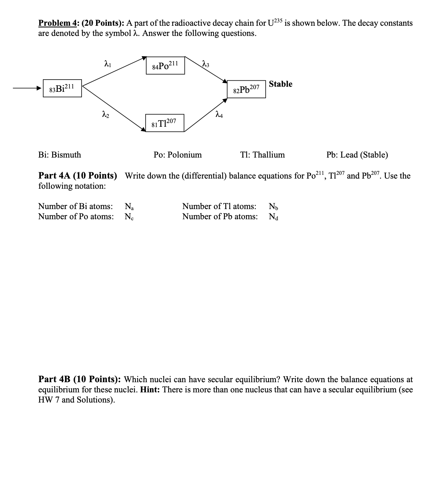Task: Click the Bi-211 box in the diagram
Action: click(62, 88)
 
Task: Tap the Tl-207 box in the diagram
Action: click(164, 123)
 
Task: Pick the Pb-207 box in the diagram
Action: click(246, 89)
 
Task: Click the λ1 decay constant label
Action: click(107, 63)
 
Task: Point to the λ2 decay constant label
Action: click(106, 115)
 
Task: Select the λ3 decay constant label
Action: click(205, 63)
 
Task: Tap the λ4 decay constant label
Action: click(219, 115)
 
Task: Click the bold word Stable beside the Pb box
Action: click(281, 84)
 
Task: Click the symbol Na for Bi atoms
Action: click(129, 206)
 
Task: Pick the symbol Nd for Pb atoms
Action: click(273, 217)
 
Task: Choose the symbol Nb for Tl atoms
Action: click(273, 206)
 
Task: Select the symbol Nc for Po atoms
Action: click(129, 217)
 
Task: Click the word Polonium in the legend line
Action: click(185, 155)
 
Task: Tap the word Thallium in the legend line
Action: click(269, 155)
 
